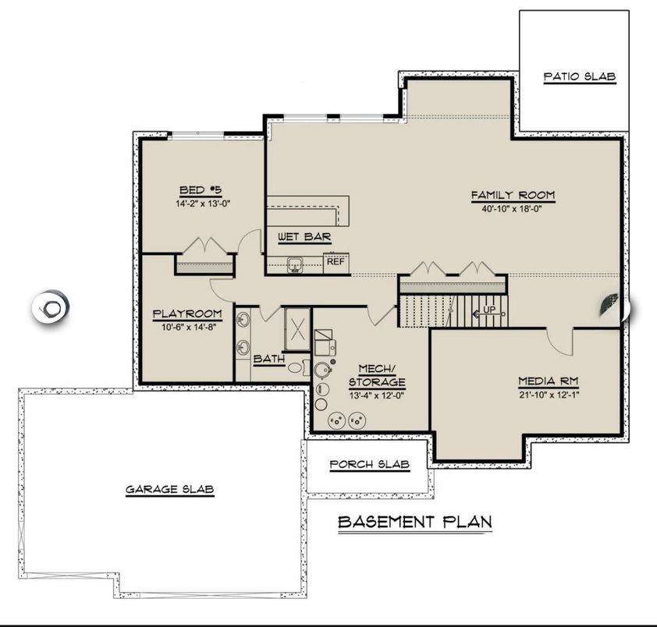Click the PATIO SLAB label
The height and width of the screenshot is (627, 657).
[x=580, y=77]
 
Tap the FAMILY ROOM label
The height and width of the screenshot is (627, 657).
[x=512, y=195]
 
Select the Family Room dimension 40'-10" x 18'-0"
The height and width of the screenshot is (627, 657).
[x=512, y=208]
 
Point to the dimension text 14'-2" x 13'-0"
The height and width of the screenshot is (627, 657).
[x=203, y=203]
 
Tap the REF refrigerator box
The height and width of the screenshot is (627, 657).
[x=336, y=262]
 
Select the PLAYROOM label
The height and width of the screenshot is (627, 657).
[x=187, y=313]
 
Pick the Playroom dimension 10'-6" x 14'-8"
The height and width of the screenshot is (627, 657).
[x=187, y=326]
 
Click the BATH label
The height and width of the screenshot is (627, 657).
[x=268, y=359]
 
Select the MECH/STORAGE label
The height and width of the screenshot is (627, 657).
[x=377, y=375]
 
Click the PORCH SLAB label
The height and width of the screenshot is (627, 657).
[x=369, y=465]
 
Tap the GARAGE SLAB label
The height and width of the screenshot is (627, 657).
[x=170, y=490]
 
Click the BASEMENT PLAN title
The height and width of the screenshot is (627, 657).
[x=414, y=522]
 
